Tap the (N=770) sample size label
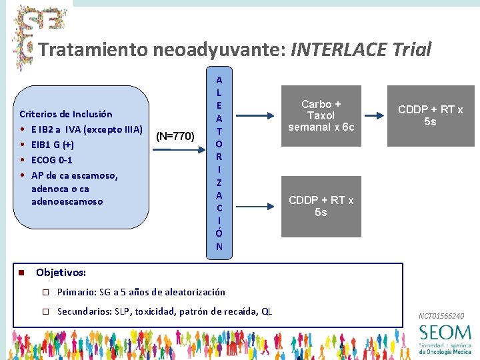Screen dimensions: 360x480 coord(175,137)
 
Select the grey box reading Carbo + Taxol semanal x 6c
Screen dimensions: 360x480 coord(321,116)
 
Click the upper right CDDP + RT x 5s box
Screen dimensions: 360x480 coord(430,116)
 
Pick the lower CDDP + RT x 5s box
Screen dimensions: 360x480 coord(321,207)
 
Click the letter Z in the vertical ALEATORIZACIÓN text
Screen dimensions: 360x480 coord(219,182)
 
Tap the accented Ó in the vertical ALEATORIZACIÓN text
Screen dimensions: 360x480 coord(219,233)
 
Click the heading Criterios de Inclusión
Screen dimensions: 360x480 coord(66,114)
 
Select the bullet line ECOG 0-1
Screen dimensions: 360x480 coord(52,160)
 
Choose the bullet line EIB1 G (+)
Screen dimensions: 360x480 coord(53,145)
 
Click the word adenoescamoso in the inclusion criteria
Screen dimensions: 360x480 coord(67,201)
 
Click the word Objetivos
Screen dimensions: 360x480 coord(61,273)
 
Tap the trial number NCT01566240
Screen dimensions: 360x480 coord(441,315)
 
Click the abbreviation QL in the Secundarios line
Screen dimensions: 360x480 coord(267,311)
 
